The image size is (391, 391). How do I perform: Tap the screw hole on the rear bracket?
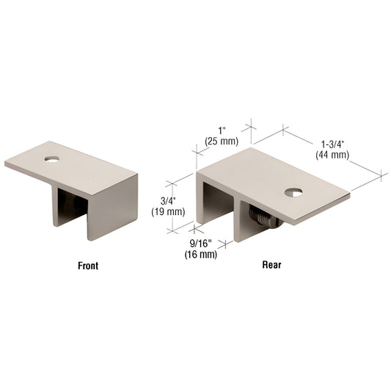click(293, 193)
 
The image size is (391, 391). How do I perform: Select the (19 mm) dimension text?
click(168, 212)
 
